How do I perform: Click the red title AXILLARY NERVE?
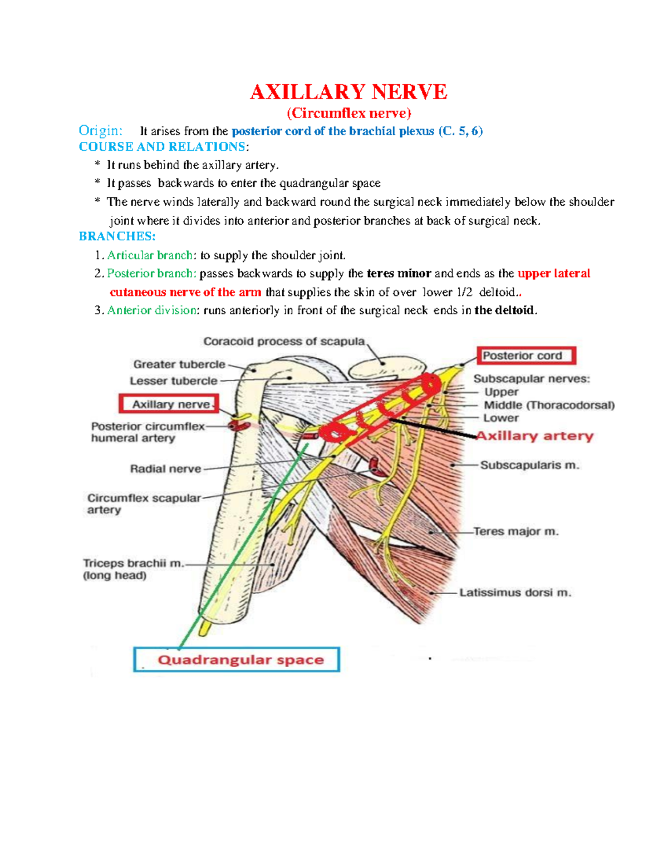coord(348,92)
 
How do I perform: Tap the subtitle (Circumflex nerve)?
coord(348,113)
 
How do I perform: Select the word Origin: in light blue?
coord(100,131)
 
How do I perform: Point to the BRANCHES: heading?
coord(117,236)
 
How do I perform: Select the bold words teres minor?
coord(399,274)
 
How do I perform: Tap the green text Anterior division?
coord(152,310)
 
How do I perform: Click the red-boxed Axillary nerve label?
coord(170,404)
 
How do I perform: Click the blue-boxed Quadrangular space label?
coord(240,660)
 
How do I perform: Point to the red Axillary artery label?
coord(535,436)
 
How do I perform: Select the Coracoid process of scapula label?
coord(284,342)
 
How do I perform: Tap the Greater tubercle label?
coord(179,364)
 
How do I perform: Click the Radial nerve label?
coord(165,469)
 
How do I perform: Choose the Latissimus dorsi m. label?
coord(515,593)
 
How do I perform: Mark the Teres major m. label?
coord(515,532)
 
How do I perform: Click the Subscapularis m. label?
coord(529,465)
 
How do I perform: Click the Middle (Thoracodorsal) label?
coord(549,405)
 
